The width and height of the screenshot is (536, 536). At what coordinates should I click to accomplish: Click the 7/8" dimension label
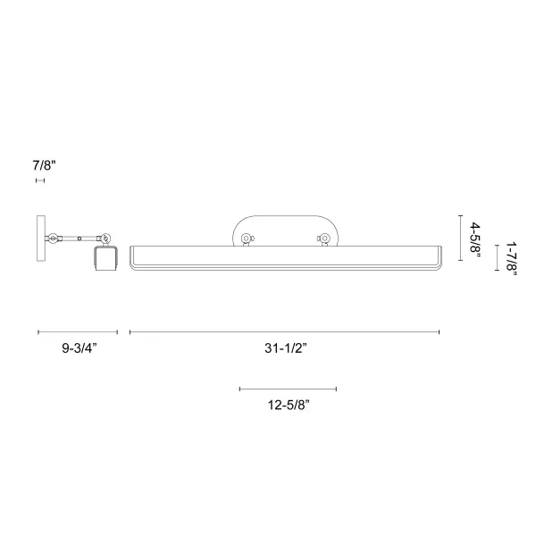(44, 165)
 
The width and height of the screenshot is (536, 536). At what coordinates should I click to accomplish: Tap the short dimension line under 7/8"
(40, 180)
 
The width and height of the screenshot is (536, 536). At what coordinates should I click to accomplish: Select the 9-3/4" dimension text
(80, 348)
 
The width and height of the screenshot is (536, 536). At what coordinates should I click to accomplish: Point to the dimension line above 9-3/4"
(78, 332)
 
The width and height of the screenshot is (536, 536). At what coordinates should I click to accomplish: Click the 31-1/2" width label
(286, 348)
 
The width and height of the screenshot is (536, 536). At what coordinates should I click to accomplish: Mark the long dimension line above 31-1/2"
(284, 332)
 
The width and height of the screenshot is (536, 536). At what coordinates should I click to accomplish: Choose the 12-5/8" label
(289, 405)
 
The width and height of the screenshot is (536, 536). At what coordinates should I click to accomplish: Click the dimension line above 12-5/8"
(289, 389)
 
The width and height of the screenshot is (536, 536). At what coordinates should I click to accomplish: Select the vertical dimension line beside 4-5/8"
(460, 238)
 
